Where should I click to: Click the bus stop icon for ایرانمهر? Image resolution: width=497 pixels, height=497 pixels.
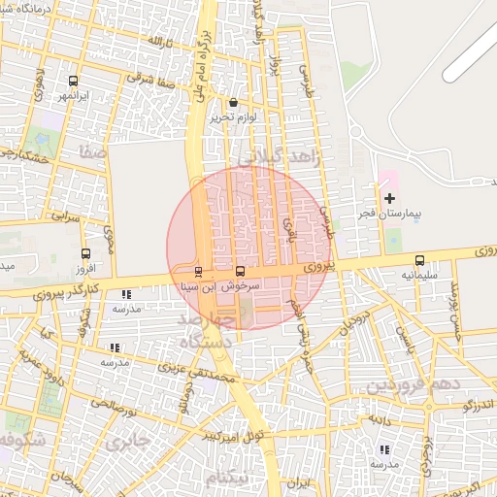[x=75, y=81]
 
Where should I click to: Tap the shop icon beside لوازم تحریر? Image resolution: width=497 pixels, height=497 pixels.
[x=233, y=102]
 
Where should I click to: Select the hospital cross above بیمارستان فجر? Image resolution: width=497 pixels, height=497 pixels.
[x=389, y=198]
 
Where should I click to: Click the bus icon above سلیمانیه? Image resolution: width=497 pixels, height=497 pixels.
[x=419, y=260]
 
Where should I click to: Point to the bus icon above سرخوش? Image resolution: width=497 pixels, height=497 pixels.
[x=241, y=271]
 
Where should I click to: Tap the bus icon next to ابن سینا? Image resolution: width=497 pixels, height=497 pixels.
[x=199, y=271]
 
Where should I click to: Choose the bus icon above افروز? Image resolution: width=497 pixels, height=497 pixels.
[x=83, y=252]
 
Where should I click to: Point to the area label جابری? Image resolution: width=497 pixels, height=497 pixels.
[x=127, y=442]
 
